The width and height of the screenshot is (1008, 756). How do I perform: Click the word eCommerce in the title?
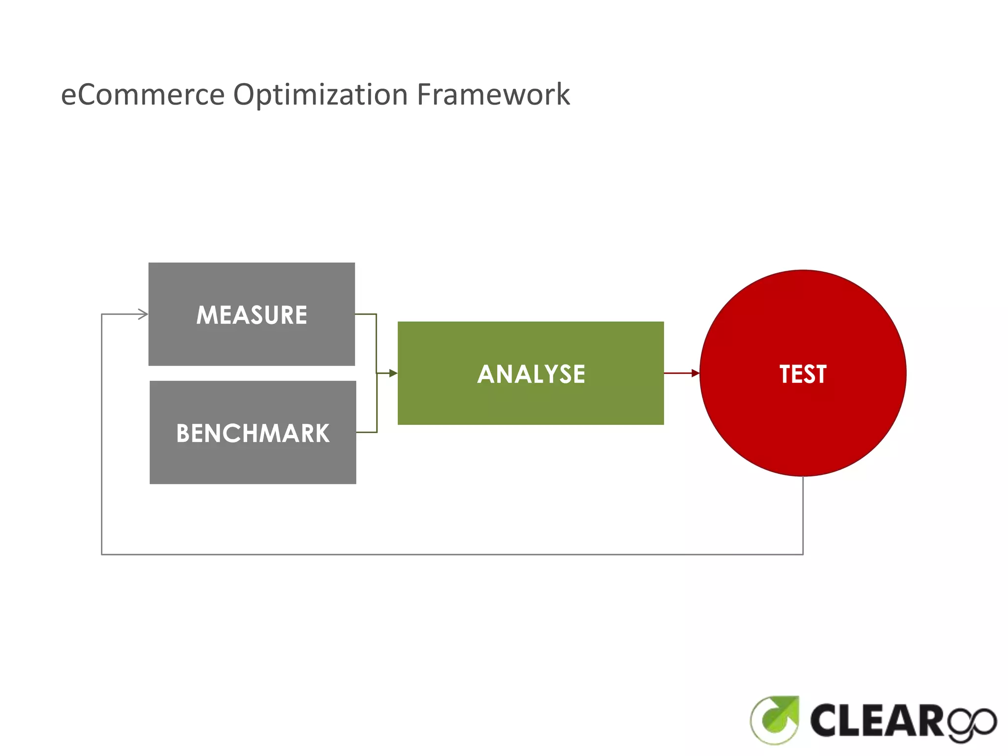(143, 94)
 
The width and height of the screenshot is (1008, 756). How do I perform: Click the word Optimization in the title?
(320, 94)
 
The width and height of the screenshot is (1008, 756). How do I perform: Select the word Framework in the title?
(493, 94)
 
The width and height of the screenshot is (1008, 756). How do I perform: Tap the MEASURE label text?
(252, 315)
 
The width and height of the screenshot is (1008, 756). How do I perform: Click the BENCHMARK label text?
(252, 434)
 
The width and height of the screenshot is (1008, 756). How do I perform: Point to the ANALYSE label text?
(531, 374)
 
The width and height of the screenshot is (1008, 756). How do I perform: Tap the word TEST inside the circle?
(803, 374)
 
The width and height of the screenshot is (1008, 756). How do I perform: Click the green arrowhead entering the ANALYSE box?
(393, 374)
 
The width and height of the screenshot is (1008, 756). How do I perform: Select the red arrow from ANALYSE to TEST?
(682, 373)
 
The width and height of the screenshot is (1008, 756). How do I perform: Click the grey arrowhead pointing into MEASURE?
(143, 314)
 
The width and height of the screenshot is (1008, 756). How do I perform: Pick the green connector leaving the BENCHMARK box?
(367, 432)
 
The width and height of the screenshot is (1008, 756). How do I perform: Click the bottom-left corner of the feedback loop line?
(102, 554)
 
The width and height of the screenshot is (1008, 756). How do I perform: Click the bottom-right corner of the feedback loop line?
(803, 554)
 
